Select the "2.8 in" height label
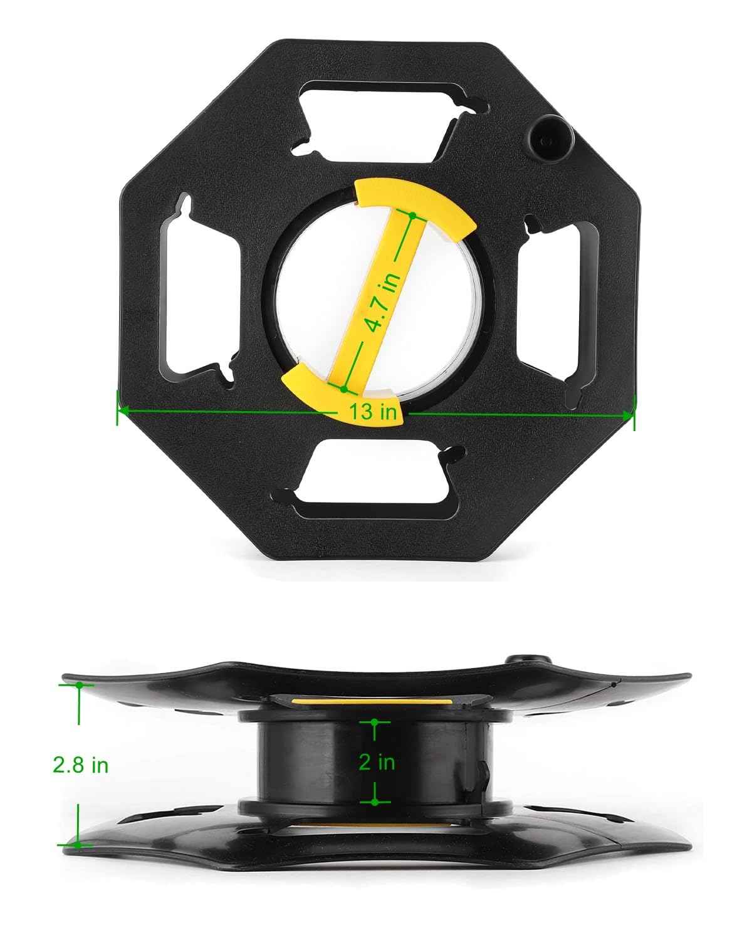point(81,765)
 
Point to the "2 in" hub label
point(377,762)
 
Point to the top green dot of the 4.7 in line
point(412,215)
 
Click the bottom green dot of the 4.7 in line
point(343,389)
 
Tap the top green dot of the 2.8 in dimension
point(79,686)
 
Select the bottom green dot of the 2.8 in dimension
point(78,845)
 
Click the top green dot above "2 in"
point(375,722)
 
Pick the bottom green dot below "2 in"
point(374,802)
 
